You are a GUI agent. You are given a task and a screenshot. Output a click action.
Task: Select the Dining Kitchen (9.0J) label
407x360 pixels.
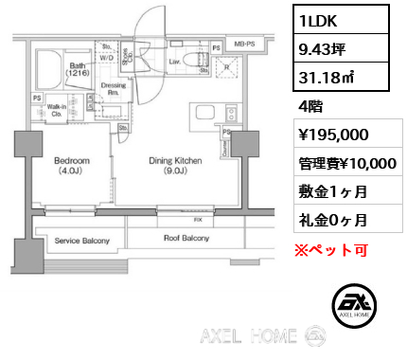[175, 167]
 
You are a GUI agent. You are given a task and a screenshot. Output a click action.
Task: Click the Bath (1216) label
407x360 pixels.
[50, 67]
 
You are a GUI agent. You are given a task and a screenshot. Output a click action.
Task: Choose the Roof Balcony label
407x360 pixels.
[186, 239]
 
